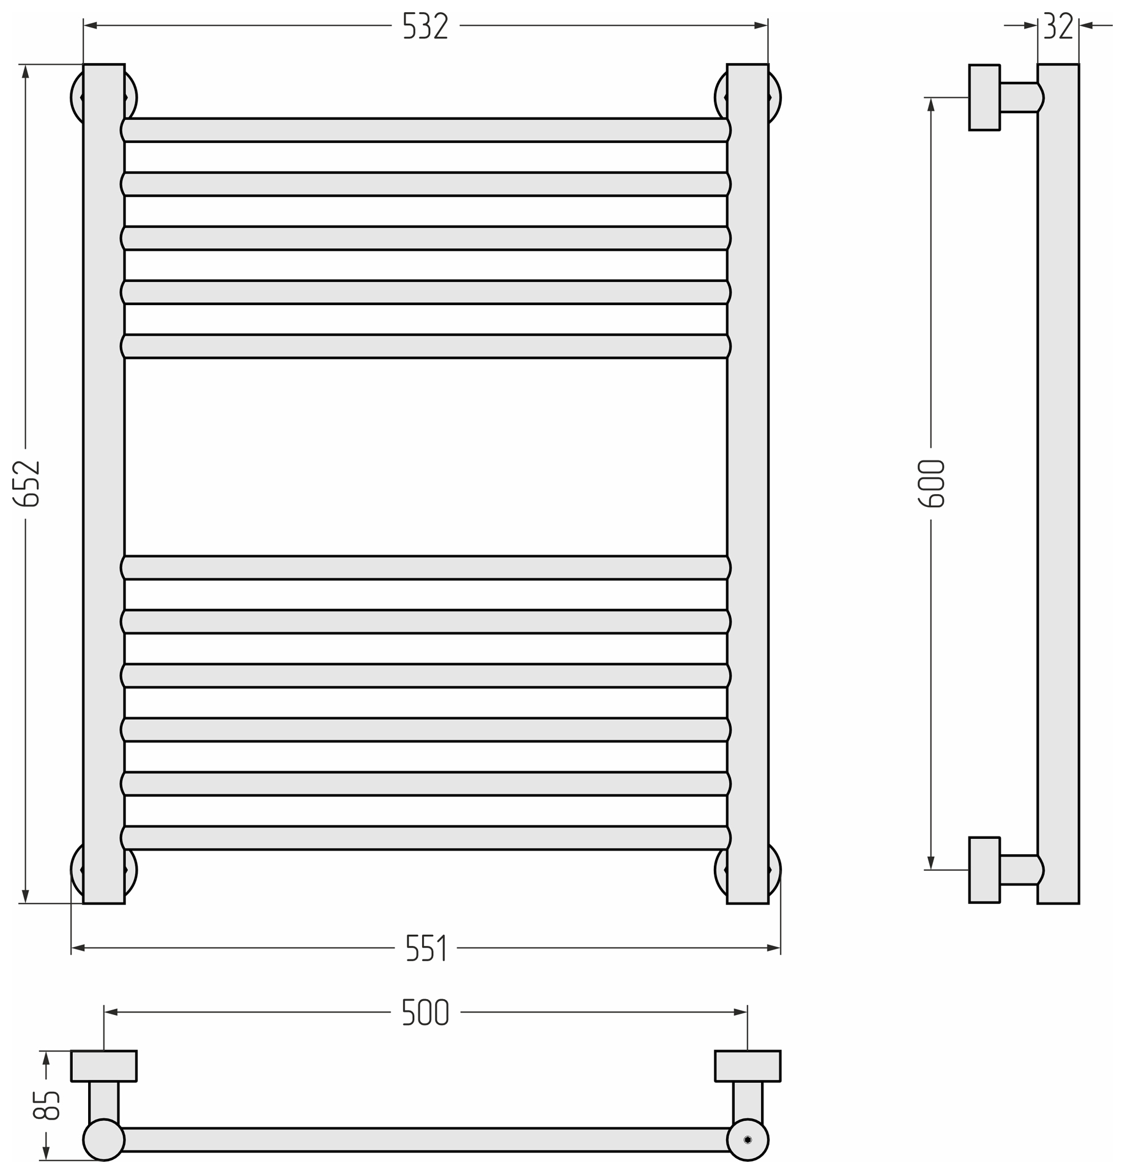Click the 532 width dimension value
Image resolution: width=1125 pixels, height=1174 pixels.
click(425, 26)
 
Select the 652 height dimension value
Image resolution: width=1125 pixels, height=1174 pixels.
click(27, 484)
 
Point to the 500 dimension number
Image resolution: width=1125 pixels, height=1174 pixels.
click(425, 1012)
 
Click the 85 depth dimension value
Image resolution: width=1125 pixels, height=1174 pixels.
click(47, 1105)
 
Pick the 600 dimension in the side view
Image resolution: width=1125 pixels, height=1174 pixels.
click(932, 483)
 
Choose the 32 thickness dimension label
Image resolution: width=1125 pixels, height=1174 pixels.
click(1058, 26)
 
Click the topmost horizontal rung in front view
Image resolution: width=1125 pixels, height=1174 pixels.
click(426, 130)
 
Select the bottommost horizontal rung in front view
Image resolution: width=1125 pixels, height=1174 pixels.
click(426, 838)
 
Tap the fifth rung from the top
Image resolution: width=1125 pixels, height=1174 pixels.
click(426, 346)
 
